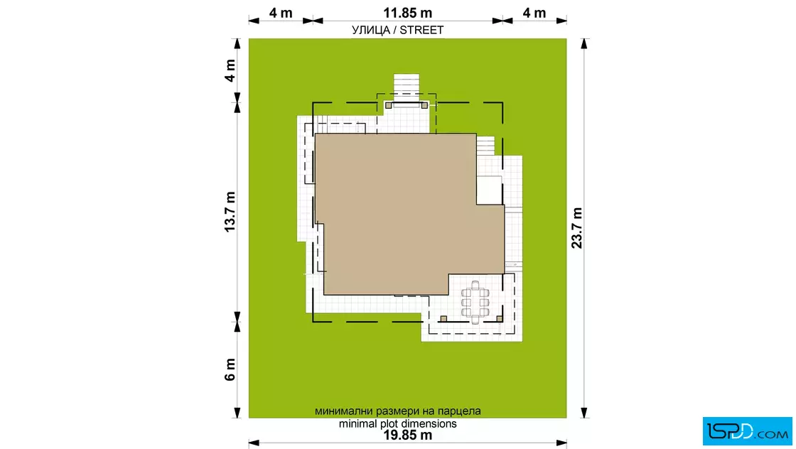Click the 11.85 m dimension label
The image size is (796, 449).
point(407,13)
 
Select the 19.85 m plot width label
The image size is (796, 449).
point(407,436)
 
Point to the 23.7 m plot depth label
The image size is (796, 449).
point(576,228)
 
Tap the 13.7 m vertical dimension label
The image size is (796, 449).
point(230,212)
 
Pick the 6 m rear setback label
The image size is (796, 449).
point(230,369)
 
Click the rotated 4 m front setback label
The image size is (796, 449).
point(230,70)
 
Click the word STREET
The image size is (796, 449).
point(421,31)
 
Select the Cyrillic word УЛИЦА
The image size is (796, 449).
point(371,31)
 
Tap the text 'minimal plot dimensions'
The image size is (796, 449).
point(397,423)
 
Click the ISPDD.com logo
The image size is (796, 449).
point(747,431)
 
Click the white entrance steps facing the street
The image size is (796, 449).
point(407,85)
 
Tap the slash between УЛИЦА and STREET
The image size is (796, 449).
point(395,31)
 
